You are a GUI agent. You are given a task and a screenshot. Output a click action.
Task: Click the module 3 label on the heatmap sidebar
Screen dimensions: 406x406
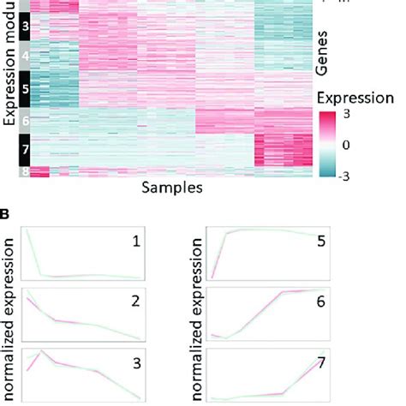(25, 27)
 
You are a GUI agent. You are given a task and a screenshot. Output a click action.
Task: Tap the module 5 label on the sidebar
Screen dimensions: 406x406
(25, 88)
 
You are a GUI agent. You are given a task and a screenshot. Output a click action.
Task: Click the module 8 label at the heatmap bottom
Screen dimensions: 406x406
(25, 171)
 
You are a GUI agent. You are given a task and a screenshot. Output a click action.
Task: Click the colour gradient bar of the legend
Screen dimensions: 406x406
(326, 145)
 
